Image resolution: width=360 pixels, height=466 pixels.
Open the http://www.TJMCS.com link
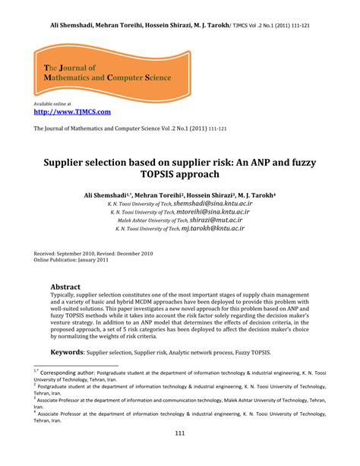point(73,112)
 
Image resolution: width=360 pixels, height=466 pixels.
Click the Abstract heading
point(65,287)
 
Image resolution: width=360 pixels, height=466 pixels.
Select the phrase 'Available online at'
point(52,103)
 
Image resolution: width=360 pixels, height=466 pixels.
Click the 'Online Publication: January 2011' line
point(71,260)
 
